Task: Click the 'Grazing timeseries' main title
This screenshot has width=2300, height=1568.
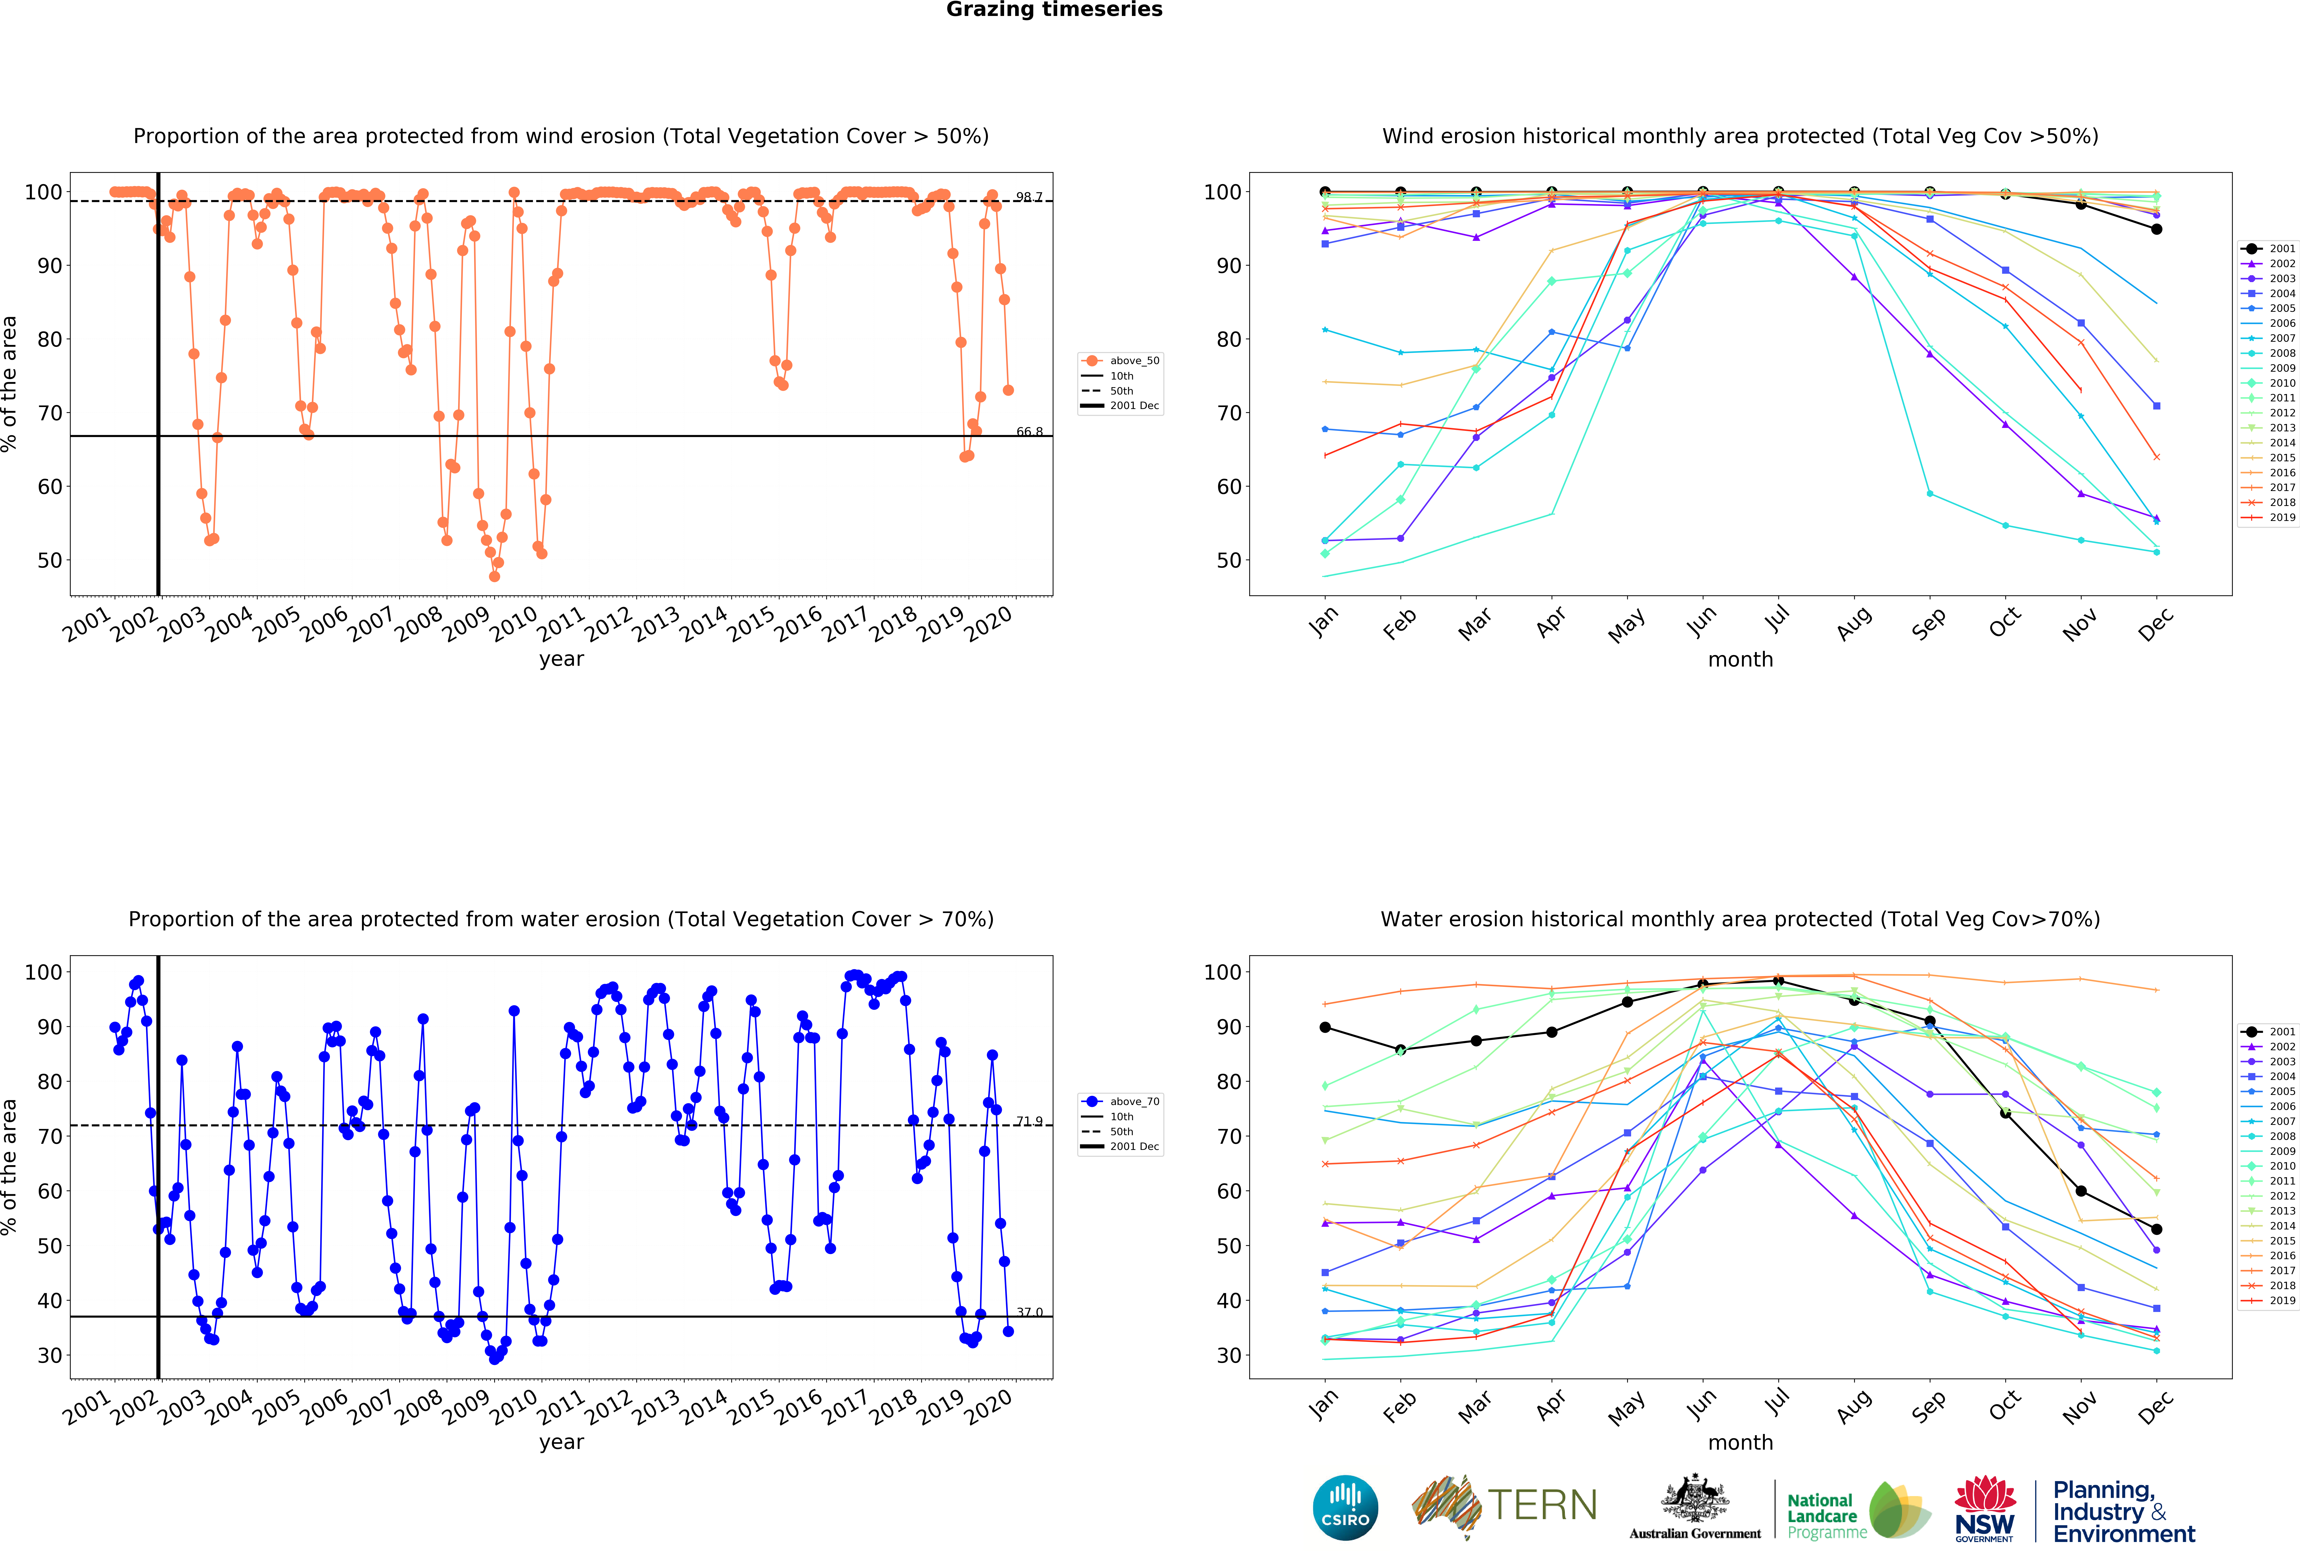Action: pos(1054,10)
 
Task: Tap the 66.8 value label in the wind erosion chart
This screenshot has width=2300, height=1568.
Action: pos(1029,432)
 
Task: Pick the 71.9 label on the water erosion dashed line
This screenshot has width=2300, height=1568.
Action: pos(1029,1120)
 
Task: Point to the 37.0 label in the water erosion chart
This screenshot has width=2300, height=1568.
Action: pos(1029,1313)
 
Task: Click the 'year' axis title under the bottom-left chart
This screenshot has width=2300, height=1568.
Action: pos(561,1442)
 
